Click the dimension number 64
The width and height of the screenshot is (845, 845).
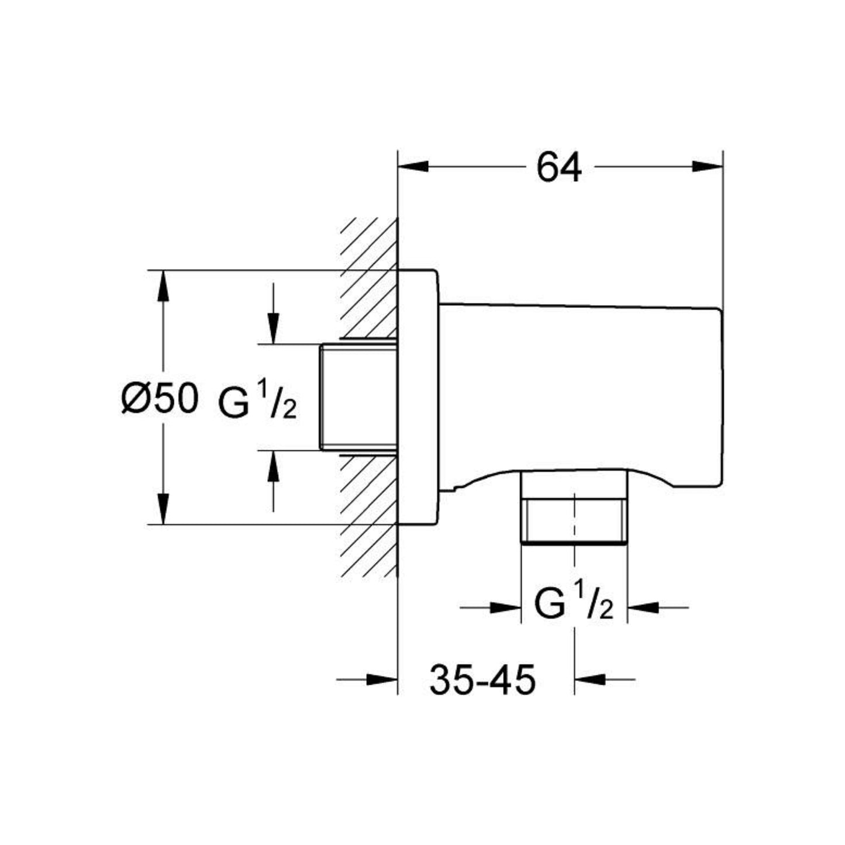coord(559,168)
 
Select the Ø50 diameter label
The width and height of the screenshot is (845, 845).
coord(159,399)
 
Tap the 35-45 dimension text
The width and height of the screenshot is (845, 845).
coord(482,680)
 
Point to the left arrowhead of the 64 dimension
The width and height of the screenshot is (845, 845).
coord(412,167)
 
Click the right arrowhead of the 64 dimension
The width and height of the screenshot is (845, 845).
coord(708,167)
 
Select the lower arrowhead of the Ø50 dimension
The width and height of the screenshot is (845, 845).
coord(164,509)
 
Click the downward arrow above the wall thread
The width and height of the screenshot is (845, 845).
coord(272,328)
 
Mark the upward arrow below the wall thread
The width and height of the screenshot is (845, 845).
coord(272,466)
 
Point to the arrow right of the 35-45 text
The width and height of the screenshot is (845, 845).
coord(590,680)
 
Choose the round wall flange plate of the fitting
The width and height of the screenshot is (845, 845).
coord(417,397)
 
